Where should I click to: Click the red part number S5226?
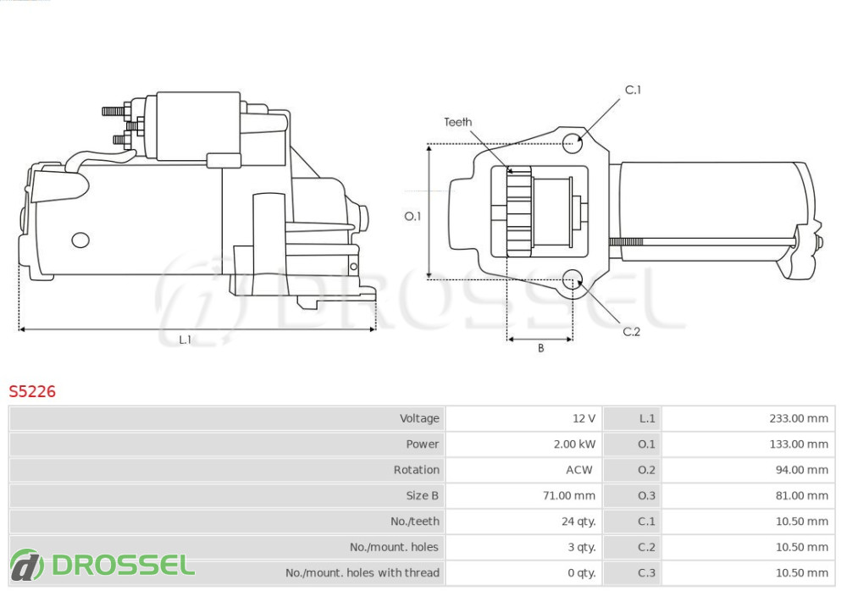tap(32, 391)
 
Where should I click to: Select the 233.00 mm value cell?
tap(799, 418)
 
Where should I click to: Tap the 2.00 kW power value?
tap(574, 444)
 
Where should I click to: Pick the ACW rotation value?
tap(579, 470)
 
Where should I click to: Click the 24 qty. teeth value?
tap(579, 522)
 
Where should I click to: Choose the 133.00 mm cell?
tap(799, 444)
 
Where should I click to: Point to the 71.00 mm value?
tap(569, 495)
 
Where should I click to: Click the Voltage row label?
tap(419, 418)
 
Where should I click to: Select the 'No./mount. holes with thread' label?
tap(362, 572)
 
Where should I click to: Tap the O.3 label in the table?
tap(646, 495)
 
